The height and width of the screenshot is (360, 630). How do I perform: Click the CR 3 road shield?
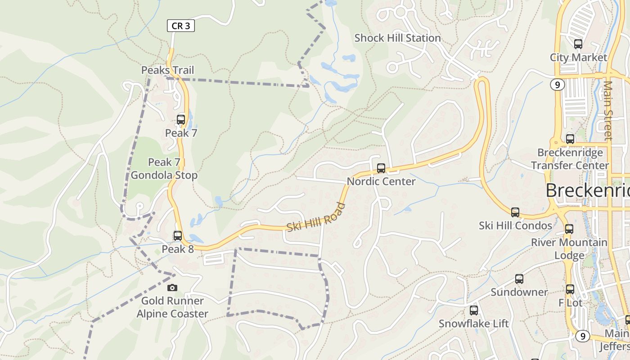[181, 26]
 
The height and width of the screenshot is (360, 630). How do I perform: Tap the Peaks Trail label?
[167, 70]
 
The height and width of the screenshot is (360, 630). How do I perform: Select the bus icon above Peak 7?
[181, 120]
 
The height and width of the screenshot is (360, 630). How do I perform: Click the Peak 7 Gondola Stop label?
[164, 169]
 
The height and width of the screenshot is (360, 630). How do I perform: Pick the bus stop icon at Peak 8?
[178, 236]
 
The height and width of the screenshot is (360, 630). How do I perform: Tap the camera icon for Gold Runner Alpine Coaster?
[172, 288]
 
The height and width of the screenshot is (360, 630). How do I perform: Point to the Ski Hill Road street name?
[316, 217]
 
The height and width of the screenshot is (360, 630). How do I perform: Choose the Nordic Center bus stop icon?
[381, 169]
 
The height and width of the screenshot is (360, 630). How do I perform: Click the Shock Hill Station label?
[397, 38]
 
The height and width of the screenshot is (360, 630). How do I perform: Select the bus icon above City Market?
[578, 44]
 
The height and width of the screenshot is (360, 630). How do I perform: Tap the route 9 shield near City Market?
[557, 84]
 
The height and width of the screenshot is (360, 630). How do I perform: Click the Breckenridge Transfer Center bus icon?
[570, 139]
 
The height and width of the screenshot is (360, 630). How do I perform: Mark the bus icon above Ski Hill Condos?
[515, 212]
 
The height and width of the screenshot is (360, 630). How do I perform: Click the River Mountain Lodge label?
[569, 249]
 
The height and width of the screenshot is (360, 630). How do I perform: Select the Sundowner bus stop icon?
[519, 279]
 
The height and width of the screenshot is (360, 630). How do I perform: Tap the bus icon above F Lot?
[570, 289]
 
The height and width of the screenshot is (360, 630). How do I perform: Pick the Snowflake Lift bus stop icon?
[474, 310]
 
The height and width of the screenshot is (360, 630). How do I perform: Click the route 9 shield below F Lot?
[582, 336]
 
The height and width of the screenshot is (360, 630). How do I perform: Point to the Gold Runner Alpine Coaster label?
[172, 307]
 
